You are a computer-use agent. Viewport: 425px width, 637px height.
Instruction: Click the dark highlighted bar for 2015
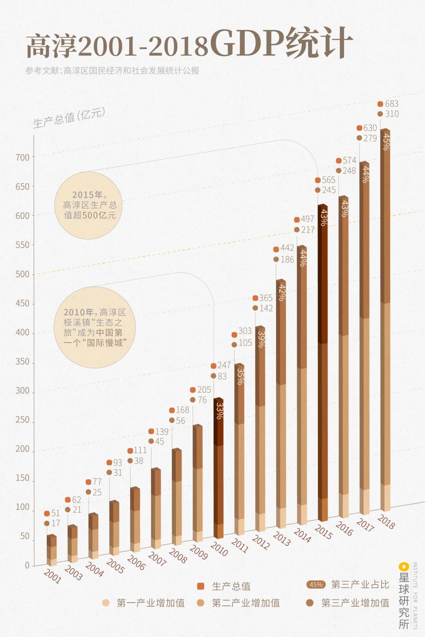(323, 362)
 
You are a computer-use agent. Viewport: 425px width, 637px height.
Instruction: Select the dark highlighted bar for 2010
(218, 468)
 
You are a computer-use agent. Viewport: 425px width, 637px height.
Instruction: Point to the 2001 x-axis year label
(52, 576)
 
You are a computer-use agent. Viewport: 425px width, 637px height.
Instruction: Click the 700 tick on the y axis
(22, 157)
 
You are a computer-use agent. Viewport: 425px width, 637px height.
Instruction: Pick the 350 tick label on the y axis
(22, 362)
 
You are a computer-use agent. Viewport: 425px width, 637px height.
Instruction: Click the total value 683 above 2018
(392, 104)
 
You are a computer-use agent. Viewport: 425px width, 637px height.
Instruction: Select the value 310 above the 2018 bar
(392, 114)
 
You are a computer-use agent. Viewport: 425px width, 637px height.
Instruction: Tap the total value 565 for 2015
(328, 180)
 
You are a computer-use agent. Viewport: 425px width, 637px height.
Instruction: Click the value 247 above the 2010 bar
(224, 365)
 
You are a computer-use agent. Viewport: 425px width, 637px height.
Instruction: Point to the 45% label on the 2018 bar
(386, 142)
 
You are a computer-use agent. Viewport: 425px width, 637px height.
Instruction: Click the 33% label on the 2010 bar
(220, 411)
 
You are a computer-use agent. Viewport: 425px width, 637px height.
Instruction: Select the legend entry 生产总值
(231, 586)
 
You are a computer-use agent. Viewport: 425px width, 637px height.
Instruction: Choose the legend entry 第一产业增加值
(150, 603)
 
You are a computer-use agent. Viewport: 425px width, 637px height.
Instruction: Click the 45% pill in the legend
(316, 585)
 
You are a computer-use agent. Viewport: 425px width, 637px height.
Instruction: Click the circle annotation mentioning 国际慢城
(94, 327)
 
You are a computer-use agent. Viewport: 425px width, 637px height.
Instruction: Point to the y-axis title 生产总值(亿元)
(69, 118)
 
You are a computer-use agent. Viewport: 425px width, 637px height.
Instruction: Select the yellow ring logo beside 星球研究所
(403, 567)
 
